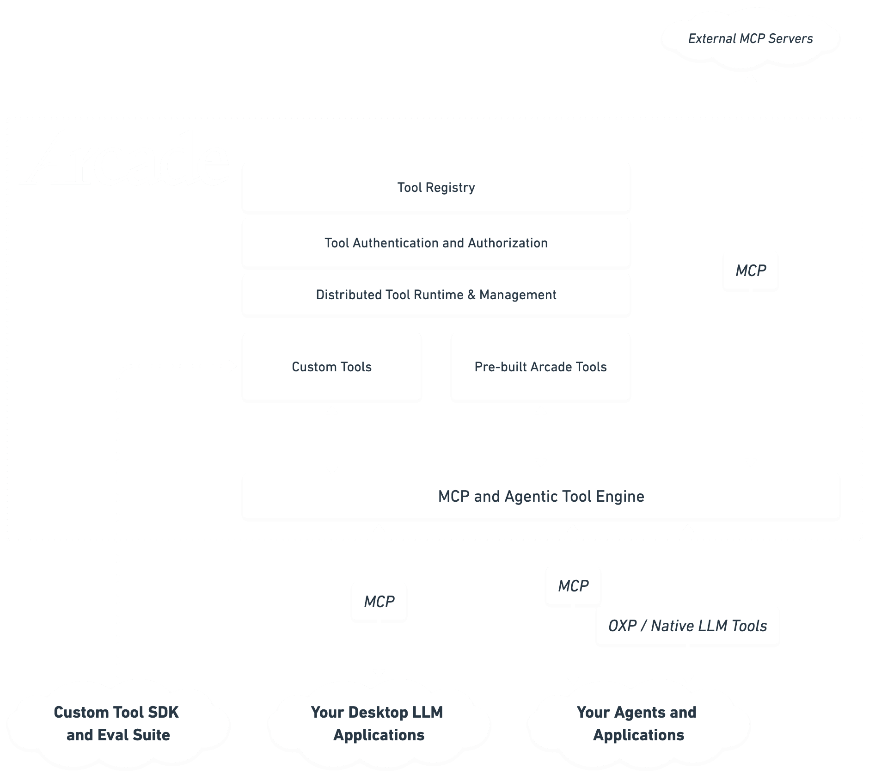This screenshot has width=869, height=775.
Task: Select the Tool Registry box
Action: tap(436, 187)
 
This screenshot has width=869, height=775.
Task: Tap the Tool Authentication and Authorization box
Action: tap(436, 243)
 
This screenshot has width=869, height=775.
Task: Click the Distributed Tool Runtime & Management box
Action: tap(436, 295)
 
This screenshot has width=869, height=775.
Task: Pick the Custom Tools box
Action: tap(331, 367)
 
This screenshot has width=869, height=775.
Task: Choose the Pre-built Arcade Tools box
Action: tap(540, 367)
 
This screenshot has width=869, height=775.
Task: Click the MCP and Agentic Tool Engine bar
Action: tap(541, 496)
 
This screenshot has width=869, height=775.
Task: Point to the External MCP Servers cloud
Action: tap(750, 39)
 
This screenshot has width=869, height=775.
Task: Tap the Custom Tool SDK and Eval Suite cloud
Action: tap(117, 724)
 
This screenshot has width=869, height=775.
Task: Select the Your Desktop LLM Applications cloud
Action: tap(378, 724)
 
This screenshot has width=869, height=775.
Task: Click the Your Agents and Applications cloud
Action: tap(638, 724)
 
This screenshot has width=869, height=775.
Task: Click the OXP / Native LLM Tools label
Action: tap(687, 626)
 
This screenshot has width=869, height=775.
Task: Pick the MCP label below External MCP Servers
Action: tap(750, 271)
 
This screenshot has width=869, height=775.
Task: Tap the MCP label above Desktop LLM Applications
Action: tap(379, 602)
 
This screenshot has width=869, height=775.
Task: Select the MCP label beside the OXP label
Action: tap(573, 586)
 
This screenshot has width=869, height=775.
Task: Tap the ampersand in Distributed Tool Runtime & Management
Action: tap(471, 295)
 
